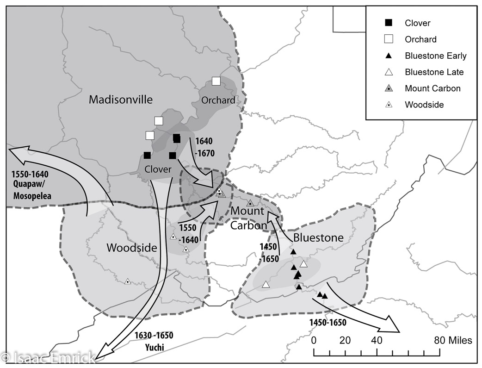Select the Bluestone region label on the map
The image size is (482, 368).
click(x=317, y=238)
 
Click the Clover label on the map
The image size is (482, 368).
click(x=157, y=169)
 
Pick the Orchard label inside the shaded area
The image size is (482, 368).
click(x=218, y=100)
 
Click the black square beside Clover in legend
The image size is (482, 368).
click(x=389, y=23)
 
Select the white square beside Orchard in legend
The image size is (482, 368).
click(x=389, y=39)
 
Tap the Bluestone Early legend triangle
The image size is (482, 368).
click(x=389, y=56)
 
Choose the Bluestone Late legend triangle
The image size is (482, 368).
click(x=389, y=72)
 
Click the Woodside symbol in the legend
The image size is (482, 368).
click(x=389, y=105)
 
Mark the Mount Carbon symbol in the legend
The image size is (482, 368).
click(x=389, y=88)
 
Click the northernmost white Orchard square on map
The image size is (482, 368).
click(x=216, y=81)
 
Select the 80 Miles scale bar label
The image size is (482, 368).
click(x=453, y=341)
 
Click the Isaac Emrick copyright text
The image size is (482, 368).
click(x=48, y=357)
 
